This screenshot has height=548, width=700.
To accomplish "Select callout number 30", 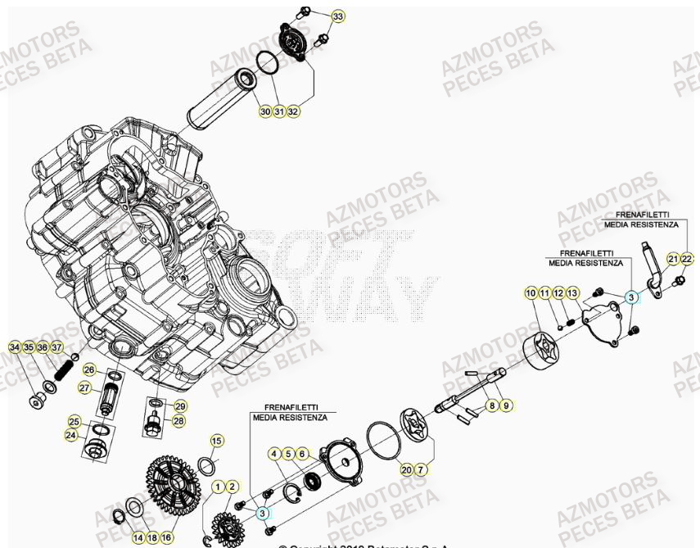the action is [265, 111].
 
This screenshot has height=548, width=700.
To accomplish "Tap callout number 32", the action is [292, 111].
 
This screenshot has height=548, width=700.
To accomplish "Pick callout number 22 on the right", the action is [687, 259].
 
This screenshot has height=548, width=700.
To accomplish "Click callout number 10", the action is [531, 292].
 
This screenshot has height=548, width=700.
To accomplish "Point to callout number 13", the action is [572, 292].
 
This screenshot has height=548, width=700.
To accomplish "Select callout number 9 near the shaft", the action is [505, 405].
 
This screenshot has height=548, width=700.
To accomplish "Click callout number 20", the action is [407, 469].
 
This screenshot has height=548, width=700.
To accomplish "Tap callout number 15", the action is [216, 441].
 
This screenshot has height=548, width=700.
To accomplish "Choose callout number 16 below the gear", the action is [166, 537].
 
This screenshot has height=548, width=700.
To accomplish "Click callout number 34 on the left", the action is [15, 347].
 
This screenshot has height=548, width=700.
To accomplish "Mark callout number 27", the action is [85, 387].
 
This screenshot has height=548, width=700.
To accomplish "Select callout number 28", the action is [178, 420].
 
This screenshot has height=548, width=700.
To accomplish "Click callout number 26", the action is [90, 369].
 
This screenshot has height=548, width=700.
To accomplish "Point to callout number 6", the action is [302, 453].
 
